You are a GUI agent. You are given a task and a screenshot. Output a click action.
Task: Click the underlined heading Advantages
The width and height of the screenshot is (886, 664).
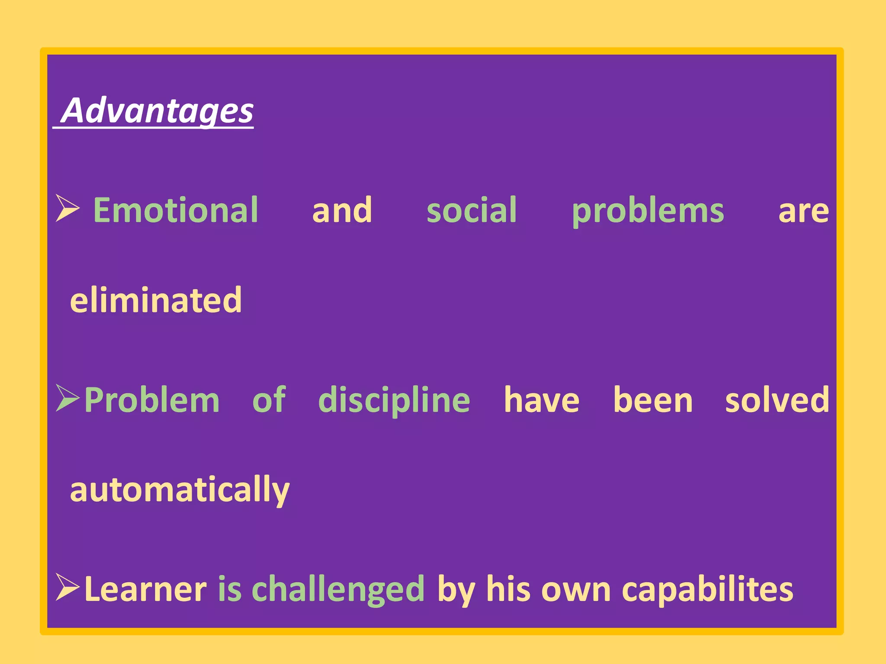(157, 111)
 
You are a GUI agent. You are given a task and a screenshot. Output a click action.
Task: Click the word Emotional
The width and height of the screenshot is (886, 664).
(176, 211)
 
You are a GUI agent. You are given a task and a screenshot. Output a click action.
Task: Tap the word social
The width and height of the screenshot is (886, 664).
(472, 211)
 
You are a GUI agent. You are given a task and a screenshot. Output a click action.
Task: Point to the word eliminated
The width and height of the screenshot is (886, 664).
(156, 300)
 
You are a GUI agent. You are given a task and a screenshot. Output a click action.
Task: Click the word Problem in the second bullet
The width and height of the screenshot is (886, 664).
(152, 401)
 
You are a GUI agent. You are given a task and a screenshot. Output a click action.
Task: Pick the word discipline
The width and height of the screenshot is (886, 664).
(394, 401)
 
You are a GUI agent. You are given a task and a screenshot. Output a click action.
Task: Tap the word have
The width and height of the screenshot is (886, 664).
(541, 401)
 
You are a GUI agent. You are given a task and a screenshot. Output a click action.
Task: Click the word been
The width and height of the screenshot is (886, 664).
(653, 401)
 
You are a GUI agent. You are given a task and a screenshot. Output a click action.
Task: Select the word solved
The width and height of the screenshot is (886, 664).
(777, 401)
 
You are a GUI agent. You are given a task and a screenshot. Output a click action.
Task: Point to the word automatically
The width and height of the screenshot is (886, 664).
(180, 490)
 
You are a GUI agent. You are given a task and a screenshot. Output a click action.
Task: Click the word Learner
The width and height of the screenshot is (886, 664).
(146, 589)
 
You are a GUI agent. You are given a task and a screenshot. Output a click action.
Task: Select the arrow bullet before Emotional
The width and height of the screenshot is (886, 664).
(67, 208)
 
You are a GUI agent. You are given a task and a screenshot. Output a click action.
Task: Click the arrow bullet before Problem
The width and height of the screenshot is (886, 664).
(67, 398)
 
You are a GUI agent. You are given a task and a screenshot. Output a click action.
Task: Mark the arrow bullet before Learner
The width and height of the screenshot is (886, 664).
(67, 587)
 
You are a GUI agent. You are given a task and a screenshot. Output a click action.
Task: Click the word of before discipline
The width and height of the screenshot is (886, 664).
(269, 400)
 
